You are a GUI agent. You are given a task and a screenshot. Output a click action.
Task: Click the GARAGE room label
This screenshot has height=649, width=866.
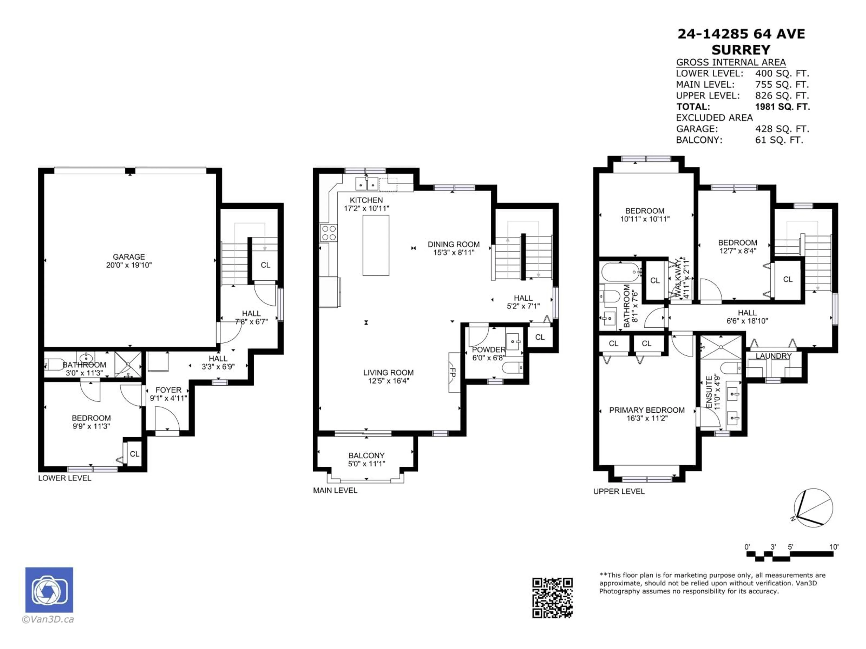click(x=129, y=257)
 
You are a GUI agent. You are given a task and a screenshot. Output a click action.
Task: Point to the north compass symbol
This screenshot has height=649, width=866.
click(x=813, y=508)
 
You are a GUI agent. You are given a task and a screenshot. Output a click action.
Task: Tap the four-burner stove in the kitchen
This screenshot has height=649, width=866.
click(x=328, y=233)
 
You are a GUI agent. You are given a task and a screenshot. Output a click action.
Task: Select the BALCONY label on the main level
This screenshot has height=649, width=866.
click(x=366, y=455)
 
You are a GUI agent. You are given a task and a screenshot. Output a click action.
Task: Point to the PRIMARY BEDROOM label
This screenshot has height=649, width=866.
click(x=647, y=410)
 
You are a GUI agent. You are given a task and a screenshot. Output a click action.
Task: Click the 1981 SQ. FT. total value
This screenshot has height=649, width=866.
click(x=782, y=107)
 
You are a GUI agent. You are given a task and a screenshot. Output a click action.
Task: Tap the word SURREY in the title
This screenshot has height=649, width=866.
click(x=741, y=50)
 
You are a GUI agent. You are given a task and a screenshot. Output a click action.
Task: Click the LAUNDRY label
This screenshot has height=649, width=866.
click(x=773, y=356)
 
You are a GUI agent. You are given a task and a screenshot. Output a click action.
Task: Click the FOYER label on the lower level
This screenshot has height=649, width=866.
click(x=168, y=390)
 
